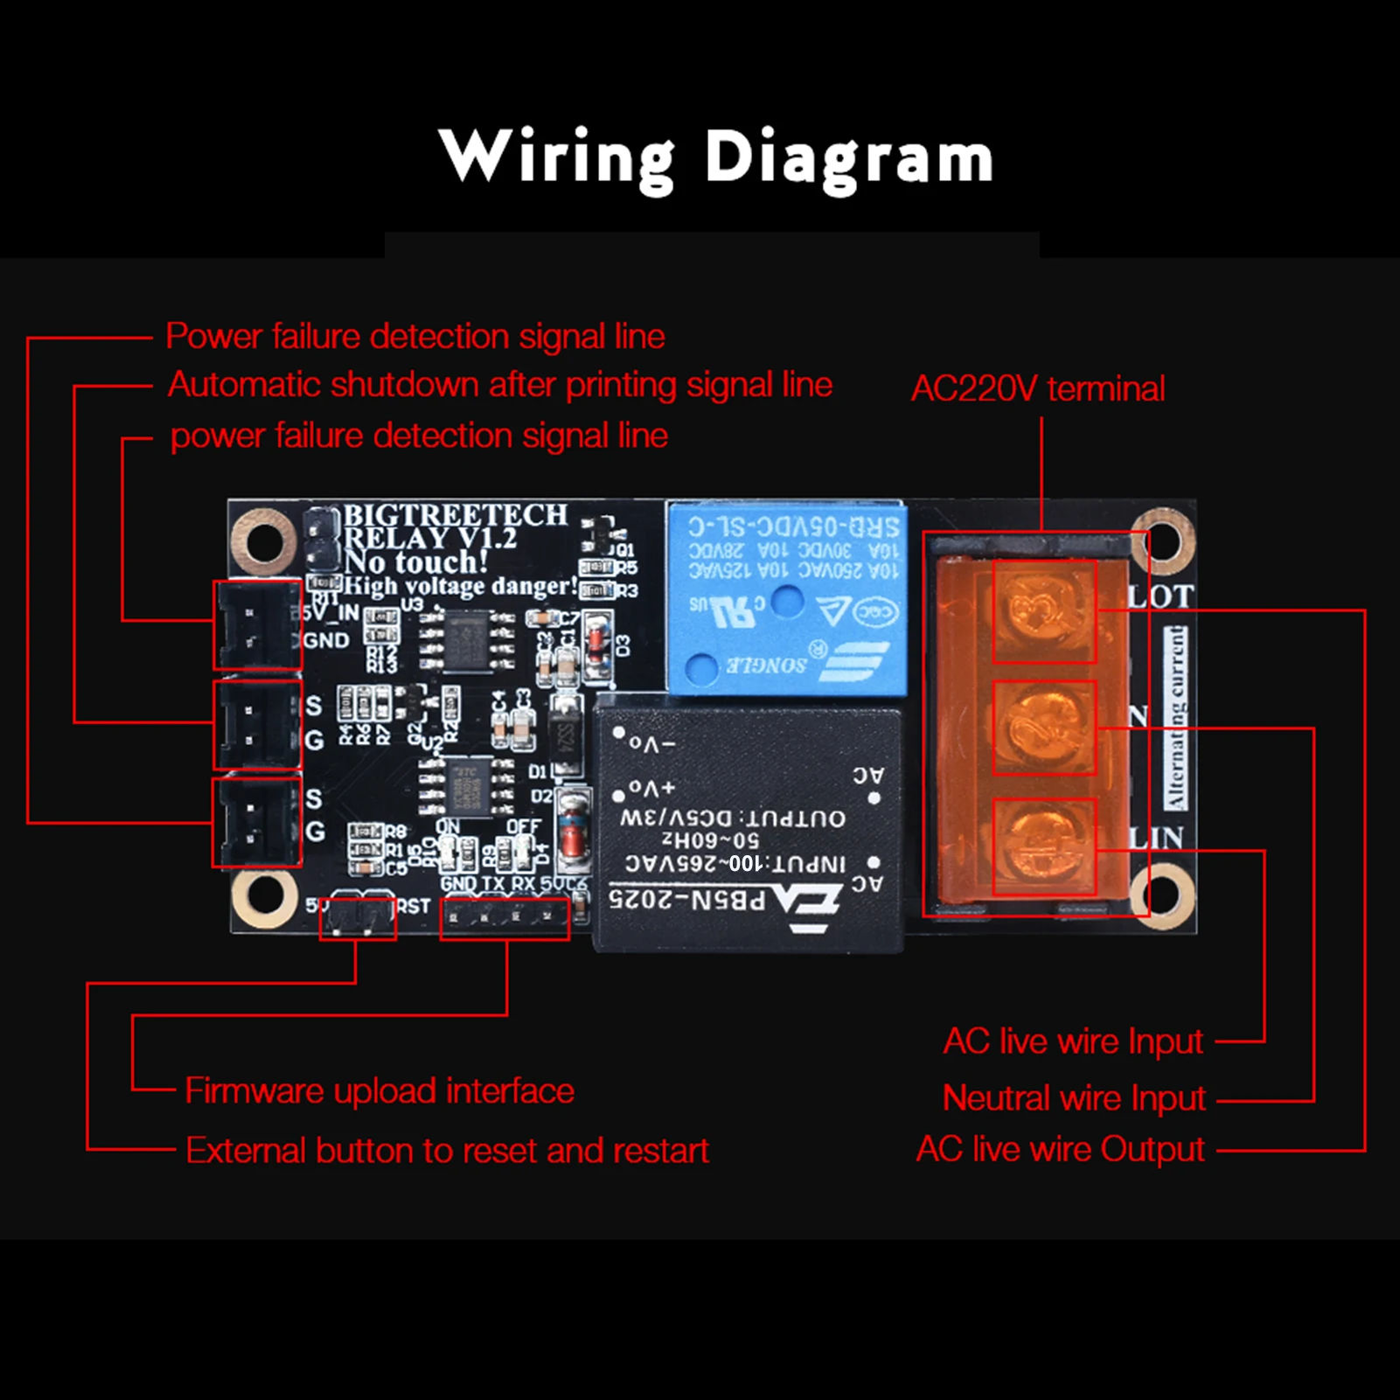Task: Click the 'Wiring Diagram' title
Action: tap(715, 157)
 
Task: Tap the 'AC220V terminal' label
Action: tap(1038, 388)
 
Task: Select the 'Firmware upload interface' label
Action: tap(380, 1090)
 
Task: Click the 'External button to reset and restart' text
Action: tap(447, 1150)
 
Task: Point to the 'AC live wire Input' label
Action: tap(1073, 1041)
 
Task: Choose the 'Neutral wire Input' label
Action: tap(1074, 1097)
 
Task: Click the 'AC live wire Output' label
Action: tap(1060, 1149)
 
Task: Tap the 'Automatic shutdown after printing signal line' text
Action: tap(499, 385)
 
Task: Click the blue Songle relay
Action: tap(785, 598)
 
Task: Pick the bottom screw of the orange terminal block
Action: tap(1044, 846)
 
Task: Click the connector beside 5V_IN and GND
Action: tap(256, 625)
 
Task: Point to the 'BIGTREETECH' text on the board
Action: tap(455, 515)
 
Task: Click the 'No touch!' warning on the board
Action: tap(416, 561)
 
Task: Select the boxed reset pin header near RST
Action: tap(357, 918)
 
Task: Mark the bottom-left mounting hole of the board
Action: tap(264, 897)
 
